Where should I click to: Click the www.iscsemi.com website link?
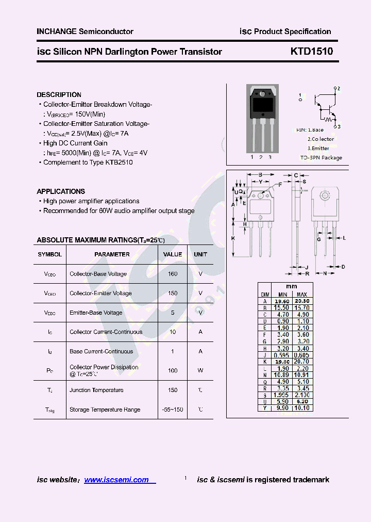coord(116,480)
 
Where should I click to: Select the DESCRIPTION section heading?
coord(59,95)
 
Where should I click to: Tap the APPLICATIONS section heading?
coord(61,191)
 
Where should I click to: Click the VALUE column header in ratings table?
coord(173,254)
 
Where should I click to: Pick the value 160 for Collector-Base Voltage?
coord(173,274)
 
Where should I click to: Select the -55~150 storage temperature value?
coord(173,410)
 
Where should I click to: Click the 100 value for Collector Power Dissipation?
coord(173,370)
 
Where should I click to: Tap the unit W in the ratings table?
coord(200,370)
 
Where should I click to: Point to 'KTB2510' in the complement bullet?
coord(119,162)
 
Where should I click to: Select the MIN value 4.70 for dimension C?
coord(281,314)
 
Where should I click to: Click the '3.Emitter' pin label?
coord(318,149)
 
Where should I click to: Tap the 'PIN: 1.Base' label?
coord(310,130)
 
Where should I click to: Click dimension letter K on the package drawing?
coord(233,238)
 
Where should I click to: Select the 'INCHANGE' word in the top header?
coord(56,31)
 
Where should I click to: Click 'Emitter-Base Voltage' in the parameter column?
coord(96,313)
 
